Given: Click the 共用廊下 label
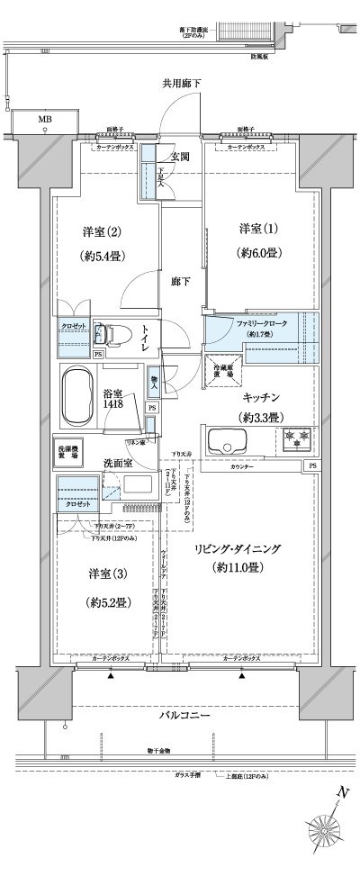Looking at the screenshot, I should tap(181, 84).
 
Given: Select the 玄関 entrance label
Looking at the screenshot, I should tap(179, 156).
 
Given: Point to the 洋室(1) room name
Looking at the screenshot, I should tap(257, 227).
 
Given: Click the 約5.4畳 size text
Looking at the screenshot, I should tap(102, 256).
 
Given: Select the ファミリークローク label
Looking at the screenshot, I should tap(259, 321).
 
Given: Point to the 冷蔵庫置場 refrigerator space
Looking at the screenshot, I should tap(218, 370).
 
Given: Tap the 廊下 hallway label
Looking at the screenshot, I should tap(181, 282).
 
